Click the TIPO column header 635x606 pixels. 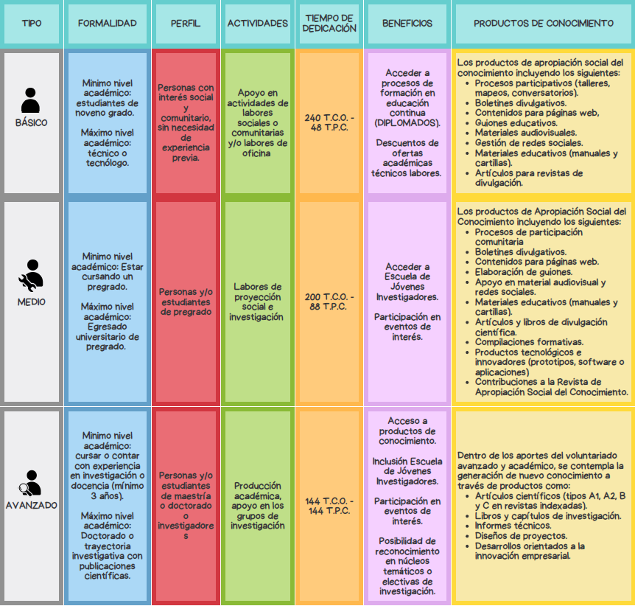tap(32, 24)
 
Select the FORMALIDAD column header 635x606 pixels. tap(108, 24)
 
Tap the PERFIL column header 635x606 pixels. tap(186, 24)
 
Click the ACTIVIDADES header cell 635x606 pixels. tap(258, 24)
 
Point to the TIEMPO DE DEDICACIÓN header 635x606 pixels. tap(329, 24)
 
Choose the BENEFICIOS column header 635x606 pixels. tap(407, 24)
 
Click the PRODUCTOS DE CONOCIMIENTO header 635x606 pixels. tap(544, 24)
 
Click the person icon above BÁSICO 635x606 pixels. tap(30, 100)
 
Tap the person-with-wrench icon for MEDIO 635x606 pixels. tap(31, 276)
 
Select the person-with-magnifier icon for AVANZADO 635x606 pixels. tap(30, 483)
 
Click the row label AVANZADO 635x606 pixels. tap(32, 506)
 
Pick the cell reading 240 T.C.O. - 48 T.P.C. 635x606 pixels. tap(329, 122)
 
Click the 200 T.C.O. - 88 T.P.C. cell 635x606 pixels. tap(329, 302)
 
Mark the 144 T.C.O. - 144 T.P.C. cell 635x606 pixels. tap(329, 506)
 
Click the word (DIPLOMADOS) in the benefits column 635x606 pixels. tap(407, 123)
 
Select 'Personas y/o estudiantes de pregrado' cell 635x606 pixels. tap(186, 302)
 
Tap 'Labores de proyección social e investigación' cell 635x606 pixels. tap(257, 302)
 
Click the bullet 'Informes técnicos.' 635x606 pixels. tap(513, 526)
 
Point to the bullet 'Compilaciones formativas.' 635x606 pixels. tap(530, 342)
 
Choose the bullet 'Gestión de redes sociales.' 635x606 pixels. tap(529, 143)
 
